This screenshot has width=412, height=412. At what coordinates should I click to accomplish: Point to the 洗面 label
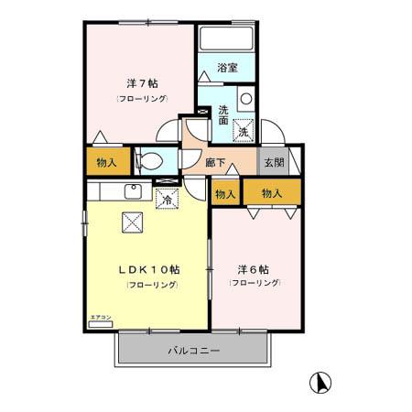click(223, 114)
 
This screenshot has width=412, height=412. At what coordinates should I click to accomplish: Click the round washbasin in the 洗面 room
click(245, 99)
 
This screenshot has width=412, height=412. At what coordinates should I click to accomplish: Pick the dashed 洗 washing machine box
click(243, 130)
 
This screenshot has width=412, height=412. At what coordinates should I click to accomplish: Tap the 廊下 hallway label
click(216, 162)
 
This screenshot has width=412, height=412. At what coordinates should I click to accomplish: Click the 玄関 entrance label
click(274, 162)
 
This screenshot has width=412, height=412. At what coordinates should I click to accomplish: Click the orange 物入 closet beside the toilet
click(107, 162)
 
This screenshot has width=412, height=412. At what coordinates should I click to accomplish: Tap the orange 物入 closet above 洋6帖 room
click(271, 193)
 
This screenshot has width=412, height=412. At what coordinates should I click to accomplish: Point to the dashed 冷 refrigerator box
click(167, 197)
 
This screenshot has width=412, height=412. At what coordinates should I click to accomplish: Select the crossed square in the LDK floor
click(133, 221)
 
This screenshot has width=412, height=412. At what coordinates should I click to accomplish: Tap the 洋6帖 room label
click(254, 270)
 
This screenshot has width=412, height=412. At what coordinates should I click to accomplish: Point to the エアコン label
click(100, 318)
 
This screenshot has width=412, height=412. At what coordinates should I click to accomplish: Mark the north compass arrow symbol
click(321, 381)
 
